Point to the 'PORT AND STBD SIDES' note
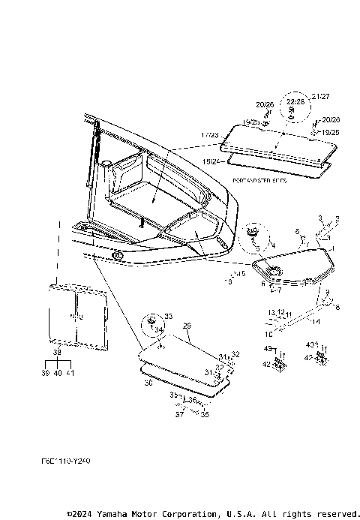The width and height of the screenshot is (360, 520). point(260,182)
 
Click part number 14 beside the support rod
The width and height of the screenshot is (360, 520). point(316,321)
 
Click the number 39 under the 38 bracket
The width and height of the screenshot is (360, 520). point(45,373)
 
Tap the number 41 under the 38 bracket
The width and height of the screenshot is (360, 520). point(70,373)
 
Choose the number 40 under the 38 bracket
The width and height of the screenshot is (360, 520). point(58,373)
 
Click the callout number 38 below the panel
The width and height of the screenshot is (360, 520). point(57,352)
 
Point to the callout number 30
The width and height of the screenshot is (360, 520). point(148,382)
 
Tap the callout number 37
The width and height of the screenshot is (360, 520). point(179,413)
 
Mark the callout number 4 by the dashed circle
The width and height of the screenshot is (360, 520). point(273,245)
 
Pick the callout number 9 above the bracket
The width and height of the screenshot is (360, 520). point(327,291)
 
